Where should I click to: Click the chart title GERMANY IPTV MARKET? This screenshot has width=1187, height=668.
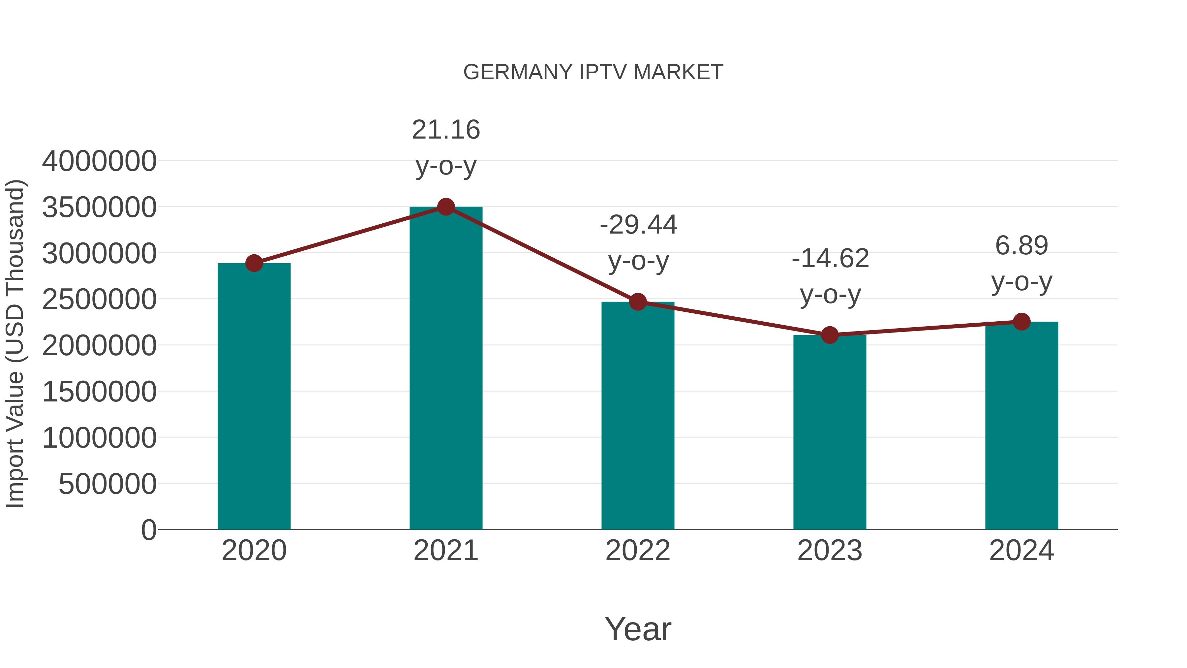(x=593, y=72)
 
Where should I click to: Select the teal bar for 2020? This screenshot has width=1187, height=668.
(x=254, y=397)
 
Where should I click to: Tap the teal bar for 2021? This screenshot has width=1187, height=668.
(x=445, y=369)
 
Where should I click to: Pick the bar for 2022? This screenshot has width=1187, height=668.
(x=638, y=415)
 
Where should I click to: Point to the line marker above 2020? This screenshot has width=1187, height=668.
(x=254, y=263)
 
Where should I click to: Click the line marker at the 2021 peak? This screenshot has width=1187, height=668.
(x=445, y=207)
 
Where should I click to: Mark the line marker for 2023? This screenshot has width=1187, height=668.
(x=830, y=335)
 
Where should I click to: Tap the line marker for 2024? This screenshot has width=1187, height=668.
(x=1021, y=322)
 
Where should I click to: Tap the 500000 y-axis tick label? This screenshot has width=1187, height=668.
(x=107, y=484)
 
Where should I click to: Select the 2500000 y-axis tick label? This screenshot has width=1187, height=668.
(x=99, y=300)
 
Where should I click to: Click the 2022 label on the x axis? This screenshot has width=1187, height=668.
(x=638, y=551)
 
